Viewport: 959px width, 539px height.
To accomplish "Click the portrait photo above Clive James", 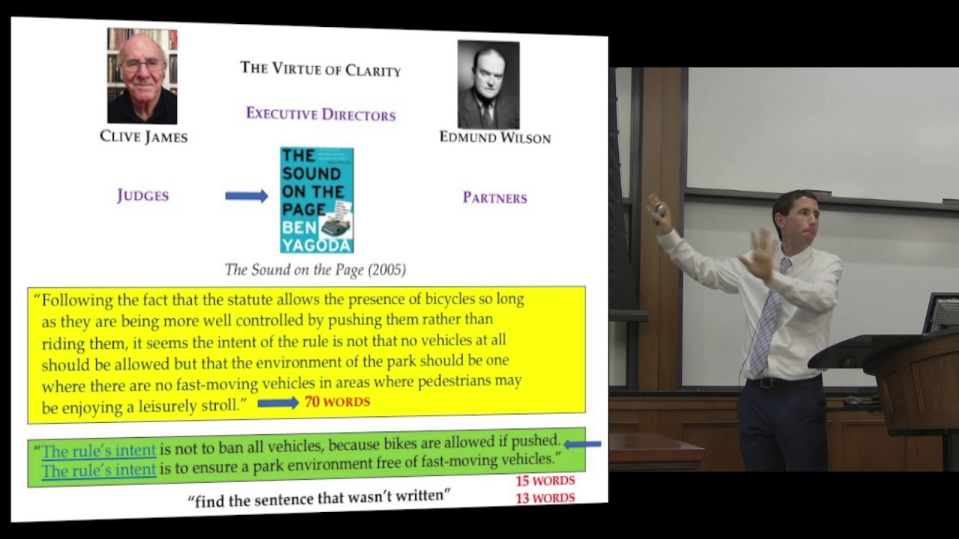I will pos(142,76).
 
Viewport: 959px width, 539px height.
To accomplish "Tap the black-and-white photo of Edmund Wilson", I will pos(488,85).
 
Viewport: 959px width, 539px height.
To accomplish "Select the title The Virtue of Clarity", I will pos(321,69).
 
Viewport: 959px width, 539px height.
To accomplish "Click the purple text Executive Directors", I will pos(321,115).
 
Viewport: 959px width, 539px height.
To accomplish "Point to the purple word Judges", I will pos(142,196).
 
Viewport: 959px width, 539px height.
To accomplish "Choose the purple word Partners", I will pos(494,198).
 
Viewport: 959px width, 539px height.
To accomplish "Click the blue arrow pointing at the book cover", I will pos(246,196).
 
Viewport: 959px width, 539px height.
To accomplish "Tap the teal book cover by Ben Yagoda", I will pos(317,200).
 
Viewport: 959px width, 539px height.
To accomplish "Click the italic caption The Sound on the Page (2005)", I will pos(315,269).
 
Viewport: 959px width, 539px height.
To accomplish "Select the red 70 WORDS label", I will pos(337,402).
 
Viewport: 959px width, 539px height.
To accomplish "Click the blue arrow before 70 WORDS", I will pos(278,403).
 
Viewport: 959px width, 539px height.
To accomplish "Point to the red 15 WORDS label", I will pos(545,481).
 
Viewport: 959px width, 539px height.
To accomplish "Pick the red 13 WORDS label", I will pos(545,498).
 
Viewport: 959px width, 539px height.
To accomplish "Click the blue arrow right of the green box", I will pos(582,444).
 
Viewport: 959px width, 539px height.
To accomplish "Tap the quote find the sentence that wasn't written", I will pos(318,498).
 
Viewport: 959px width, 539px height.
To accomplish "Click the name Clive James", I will pos(143,136).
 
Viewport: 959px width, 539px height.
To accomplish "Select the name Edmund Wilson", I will pos(494,138).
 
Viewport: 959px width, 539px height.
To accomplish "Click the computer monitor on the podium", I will pos(943,312).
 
